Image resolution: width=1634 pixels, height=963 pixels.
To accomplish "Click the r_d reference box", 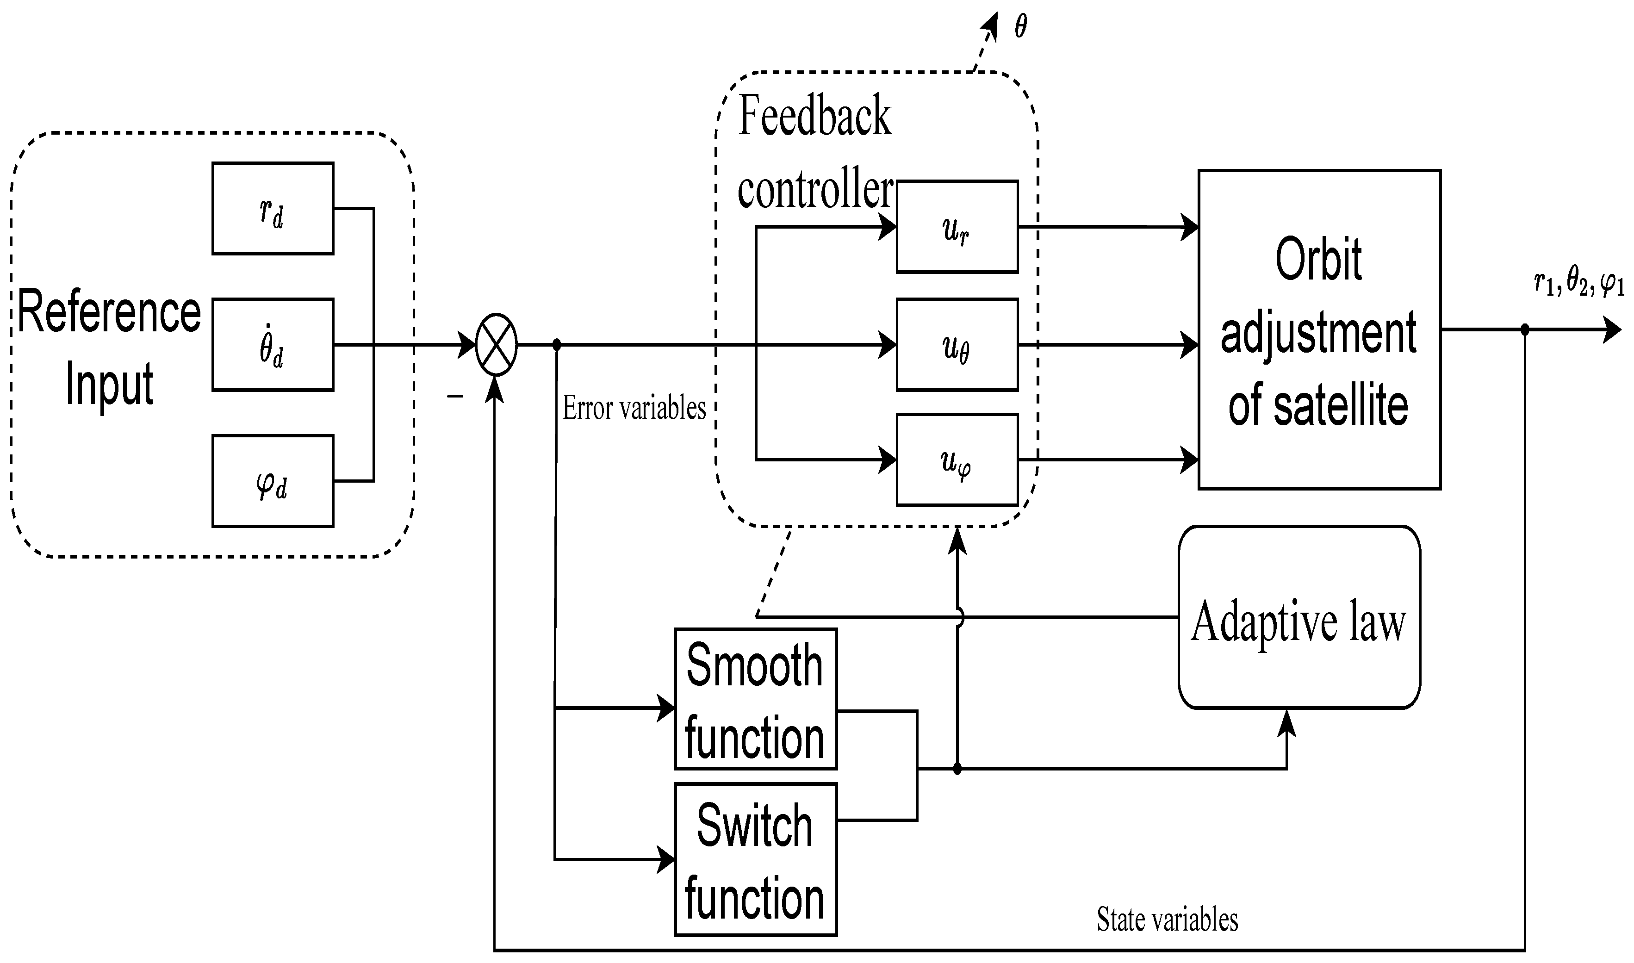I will point(273,208).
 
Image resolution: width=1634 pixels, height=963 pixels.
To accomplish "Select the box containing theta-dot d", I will point(273,345).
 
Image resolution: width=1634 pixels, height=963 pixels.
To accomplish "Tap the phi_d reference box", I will point(273,481).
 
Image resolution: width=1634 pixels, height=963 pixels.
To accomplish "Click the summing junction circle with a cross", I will point(497,345).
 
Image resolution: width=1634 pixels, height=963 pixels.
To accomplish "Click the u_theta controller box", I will point(957,345).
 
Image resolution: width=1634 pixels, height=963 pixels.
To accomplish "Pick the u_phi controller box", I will point(957,460).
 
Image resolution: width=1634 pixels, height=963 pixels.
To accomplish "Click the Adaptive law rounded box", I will point(1299,617).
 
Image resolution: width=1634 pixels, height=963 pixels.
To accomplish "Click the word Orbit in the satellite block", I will point(1318,260).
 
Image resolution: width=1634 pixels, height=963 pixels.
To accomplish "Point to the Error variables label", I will point(634,408).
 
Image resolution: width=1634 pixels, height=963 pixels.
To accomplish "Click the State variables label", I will point(1167,920).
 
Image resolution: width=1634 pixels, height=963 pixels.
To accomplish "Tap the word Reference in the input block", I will point(109,313).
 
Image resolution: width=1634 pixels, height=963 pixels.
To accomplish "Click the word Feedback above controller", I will point(814,116).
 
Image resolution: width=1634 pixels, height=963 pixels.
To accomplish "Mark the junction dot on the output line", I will point(1524,329).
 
